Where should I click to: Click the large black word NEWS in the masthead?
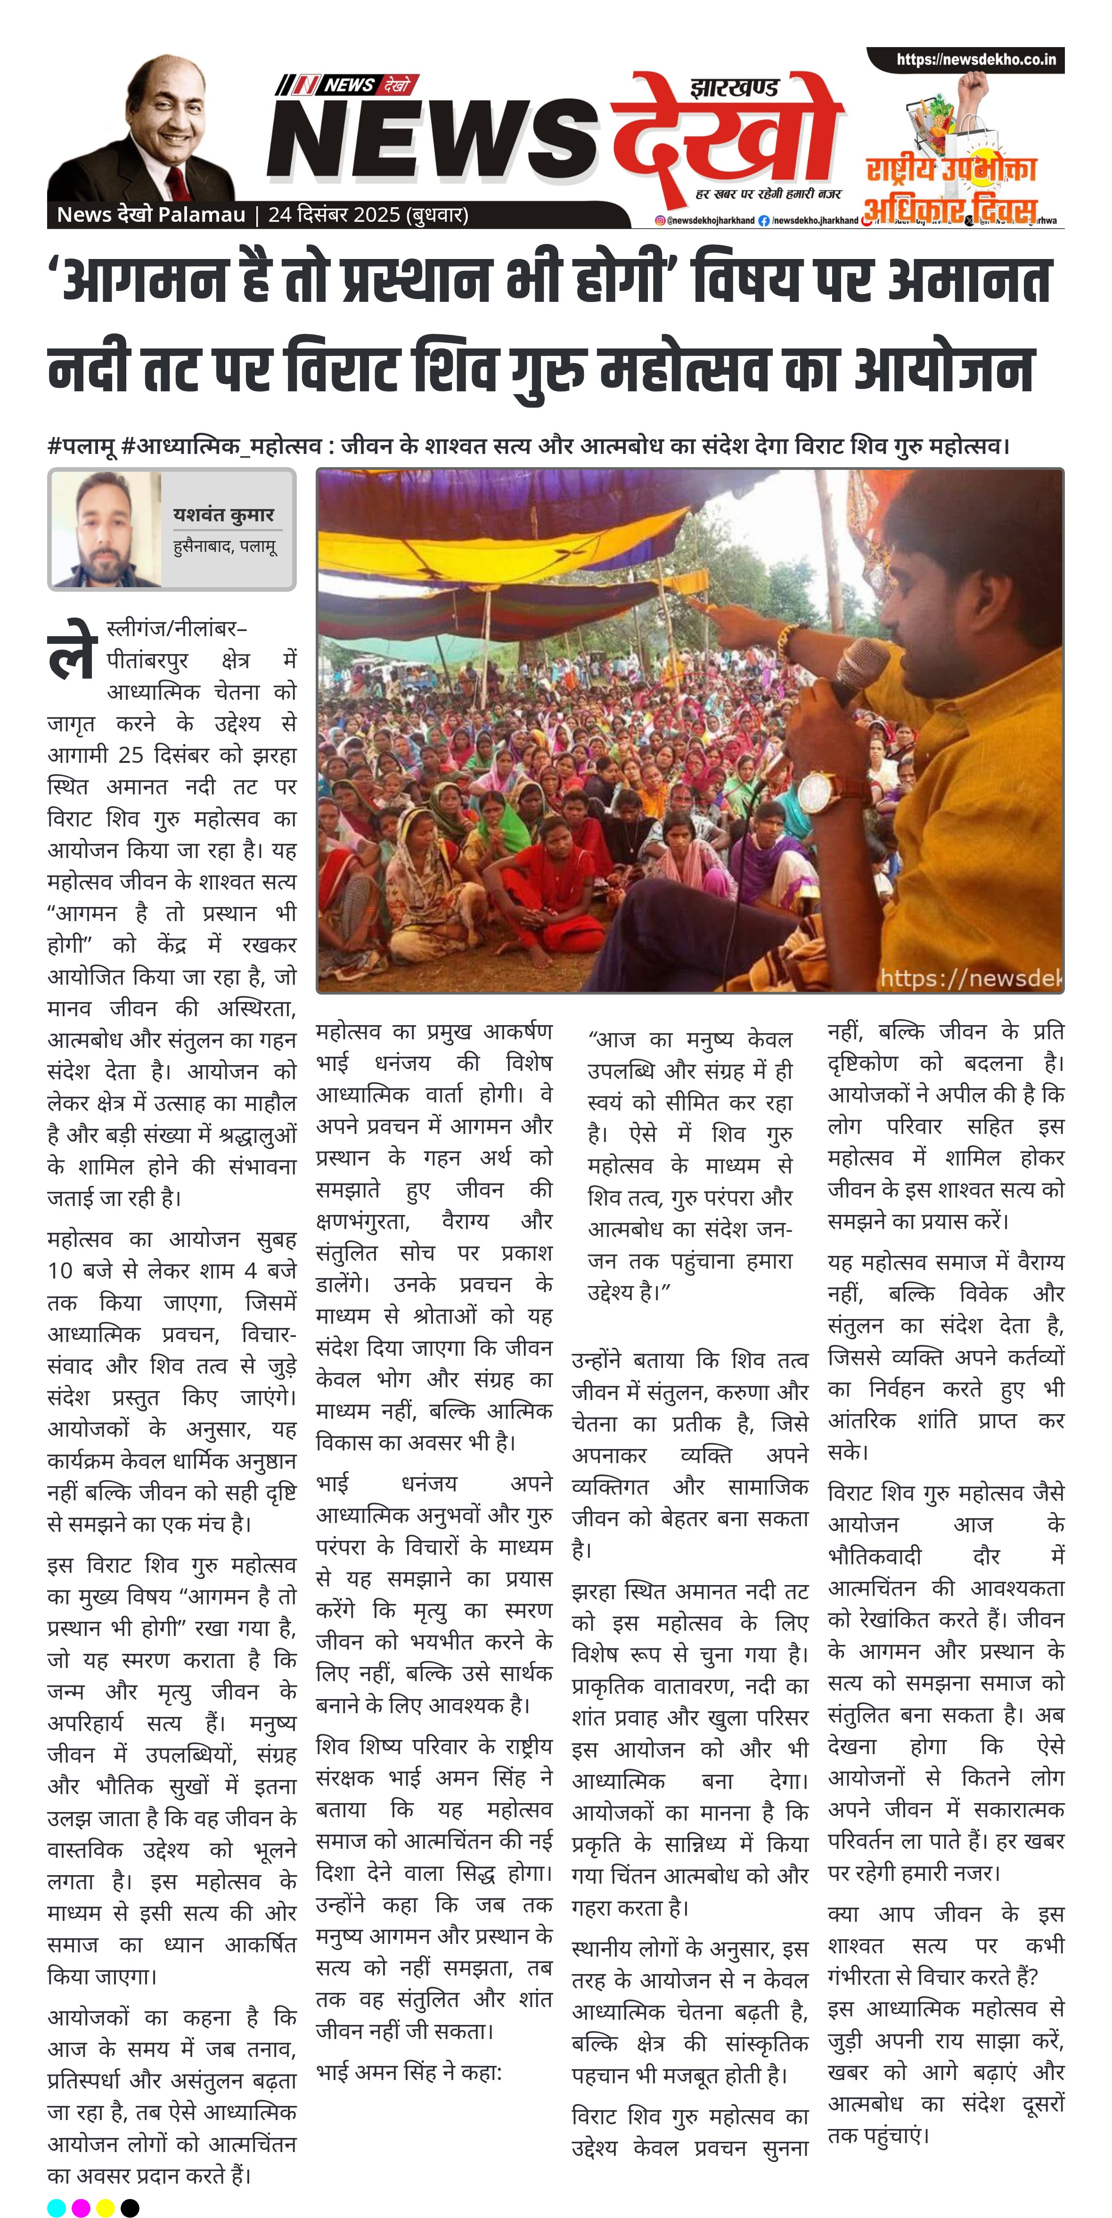(x=431, y=138)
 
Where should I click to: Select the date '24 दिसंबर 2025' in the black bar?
(x=334, y=214)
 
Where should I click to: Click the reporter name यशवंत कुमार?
(x=223, y=515)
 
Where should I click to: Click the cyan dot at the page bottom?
(x=56, y=2207)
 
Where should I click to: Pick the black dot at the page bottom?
(x=130, y=2207)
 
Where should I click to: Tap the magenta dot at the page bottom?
(x=81, y=2207)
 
